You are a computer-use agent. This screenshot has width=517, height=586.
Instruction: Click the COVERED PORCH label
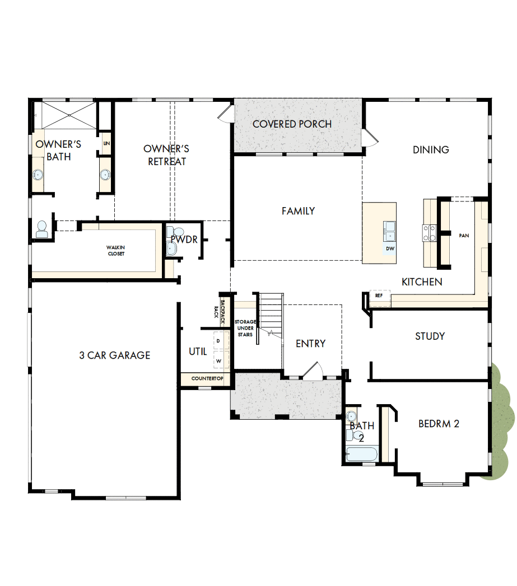[292, 124]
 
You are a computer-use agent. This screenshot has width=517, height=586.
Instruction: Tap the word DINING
[431, 149]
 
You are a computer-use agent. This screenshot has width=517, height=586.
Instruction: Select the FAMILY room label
[298, 211]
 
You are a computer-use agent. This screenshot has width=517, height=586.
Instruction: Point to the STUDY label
[430, 336]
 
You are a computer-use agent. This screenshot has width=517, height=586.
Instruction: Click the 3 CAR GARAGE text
[115, 355]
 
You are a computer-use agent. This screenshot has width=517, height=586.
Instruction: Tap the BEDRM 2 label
[439, 424]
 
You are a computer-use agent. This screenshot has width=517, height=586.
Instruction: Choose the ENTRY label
[310, 344]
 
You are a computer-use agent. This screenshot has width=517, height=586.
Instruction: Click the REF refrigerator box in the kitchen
[379, 296]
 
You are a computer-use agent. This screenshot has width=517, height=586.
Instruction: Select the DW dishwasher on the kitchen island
[390, 248]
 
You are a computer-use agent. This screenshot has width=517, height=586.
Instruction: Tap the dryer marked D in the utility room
[219, 340]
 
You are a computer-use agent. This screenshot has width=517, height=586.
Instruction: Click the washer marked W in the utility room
[219, 361]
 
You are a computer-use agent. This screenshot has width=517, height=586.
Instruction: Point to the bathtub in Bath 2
[361, 453]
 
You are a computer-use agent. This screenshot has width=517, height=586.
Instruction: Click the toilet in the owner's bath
[41, 228]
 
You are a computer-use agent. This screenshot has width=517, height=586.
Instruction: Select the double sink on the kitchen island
[390, 229]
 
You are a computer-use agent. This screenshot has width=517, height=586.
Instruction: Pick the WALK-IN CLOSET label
[116, 250]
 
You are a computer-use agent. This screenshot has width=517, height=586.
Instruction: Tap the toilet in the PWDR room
[178, 231]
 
